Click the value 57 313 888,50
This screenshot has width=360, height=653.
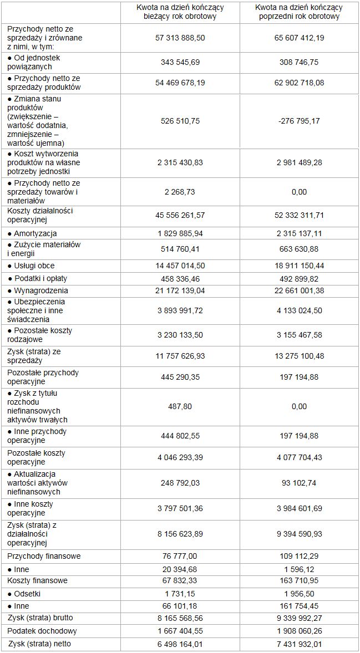180,38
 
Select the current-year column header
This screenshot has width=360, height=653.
180,12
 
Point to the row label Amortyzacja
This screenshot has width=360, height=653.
32,234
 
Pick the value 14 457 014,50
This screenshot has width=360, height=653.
180,266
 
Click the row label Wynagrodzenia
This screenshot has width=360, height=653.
38,290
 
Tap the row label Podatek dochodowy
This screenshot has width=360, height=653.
42,631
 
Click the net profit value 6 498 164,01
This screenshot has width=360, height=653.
180,644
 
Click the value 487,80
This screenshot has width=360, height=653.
180,406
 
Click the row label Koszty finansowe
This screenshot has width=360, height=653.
38,580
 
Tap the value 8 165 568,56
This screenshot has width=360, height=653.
180,618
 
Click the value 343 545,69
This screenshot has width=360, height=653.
180,62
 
